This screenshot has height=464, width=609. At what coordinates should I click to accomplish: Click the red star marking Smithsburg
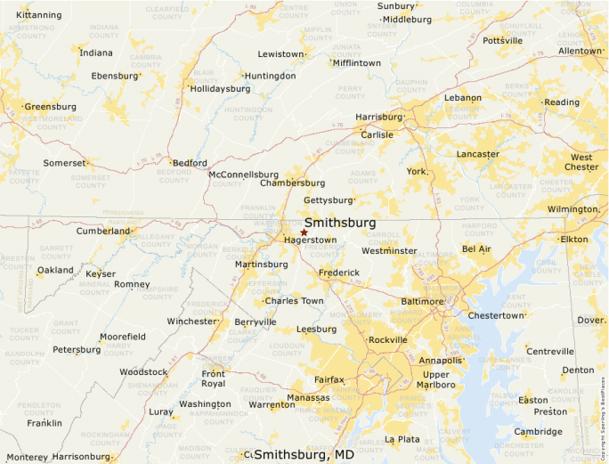304,232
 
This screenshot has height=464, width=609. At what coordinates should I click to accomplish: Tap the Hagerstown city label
310,240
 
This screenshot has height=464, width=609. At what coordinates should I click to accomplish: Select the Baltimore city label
422,302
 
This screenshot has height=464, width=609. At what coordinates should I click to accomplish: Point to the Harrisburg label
378,117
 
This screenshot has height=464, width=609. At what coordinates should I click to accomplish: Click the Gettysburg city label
328,200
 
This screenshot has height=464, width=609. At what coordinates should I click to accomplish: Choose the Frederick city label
338,273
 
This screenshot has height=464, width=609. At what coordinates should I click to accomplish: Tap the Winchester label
191,321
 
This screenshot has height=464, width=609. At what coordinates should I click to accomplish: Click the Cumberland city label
103,231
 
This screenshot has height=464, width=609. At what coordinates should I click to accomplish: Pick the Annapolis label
440,361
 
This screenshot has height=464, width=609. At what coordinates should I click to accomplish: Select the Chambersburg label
293,183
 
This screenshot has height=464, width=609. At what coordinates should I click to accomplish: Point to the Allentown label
580,52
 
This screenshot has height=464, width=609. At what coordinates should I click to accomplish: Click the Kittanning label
39,15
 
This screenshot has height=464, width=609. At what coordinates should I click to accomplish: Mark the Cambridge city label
539,432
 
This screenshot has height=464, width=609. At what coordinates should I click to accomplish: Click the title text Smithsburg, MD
304,455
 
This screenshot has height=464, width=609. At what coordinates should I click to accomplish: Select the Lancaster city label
477,154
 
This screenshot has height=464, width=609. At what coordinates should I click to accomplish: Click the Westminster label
389,251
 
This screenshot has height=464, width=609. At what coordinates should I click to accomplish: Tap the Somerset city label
64,163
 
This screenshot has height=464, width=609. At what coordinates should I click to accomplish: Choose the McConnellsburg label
243,175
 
